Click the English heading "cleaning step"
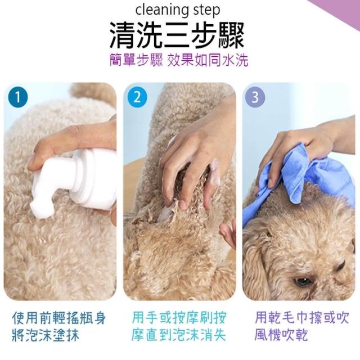[178, 10]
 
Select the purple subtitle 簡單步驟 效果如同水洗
[179, 61]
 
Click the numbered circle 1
[18, 97]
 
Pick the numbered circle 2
[137, 97]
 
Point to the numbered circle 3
[255, 97]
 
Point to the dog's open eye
[302, 281]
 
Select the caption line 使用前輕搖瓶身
[59, 318]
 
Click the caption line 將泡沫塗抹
[46, 335]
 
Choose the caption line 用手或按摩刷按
[179, 317]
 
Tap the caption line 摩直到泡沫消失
[179, 335]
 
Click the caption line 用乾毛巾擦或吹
[302, 317]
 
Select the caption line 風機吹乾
[281, 335]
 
